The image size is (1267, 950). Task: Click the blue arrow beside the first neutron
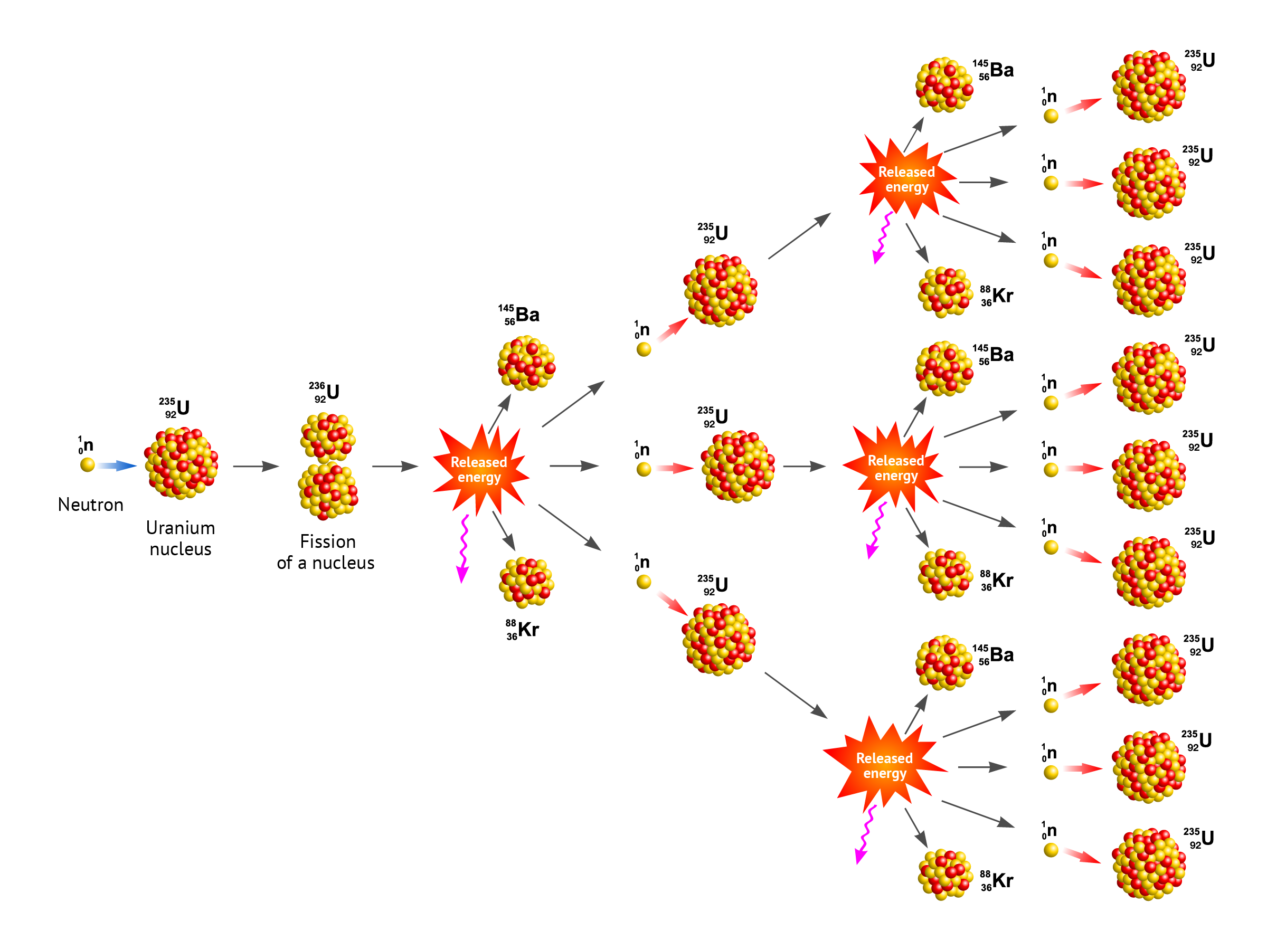point(117,465)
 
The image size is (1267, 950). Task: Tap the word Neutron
point(90,505)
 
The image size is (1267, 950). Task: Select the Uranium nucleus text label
point(181,538)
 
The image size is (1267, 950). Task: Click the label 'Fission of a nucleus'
point(326,552)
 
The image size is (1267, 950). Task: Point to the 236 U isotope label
point(325,392)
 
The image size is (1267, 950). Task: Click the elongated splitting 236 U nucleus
point(328,466)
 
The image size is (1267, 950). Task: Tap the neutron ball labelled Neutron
point(88,464)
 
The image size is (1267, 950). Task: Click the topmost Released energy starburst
point(907,179)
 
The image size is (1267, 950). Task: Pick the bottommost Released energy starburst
point(884,765)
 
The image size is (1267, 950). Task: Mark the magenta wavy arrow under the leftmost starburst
point(463,548)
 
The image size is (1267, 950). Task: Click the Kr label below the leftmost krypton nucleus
point(523,630)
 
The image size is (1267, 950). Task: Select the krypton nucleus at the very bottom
point(945,875)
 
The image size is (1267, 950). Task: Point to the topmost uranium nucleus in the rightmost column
point(1148,86)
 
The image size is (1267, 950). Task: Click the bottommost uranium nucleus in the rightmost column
point(1148,864)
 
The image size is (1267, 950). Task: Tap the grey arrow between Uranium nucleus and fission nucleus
point(256,466)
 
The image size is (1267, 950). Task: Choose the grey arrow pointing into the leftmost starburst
point(395,466)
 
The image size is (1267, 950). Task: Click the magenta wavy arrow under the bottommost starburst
point(864,834)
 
